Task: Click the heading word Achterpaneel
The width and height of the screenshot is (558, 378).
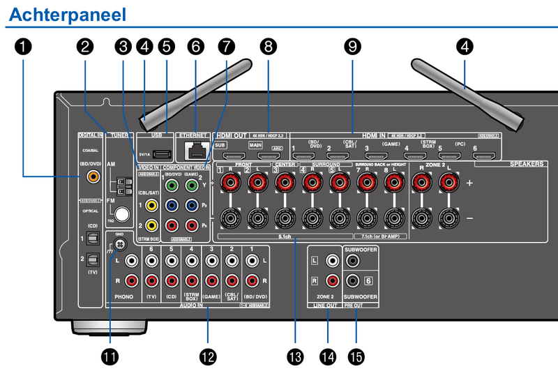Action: point(67,13)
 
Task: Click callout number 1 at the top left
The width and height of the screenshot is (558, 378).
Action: point(23,47)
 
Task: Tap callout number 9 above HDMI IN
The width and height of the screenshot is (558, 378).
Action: point(353,47)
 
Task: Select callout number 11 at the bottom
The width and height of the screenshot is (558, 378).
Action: point(110,356)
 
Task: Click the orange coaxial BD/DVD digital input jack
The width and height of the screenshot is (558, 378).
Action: point(91,177)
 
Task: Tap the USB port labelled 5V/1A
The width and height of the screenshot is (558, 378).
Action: point(160,153)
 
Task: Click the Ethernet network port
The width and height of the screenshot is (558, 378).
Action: point(194,149)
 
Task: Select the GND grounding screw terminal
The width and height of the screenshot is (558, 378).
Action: point(119,245)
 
